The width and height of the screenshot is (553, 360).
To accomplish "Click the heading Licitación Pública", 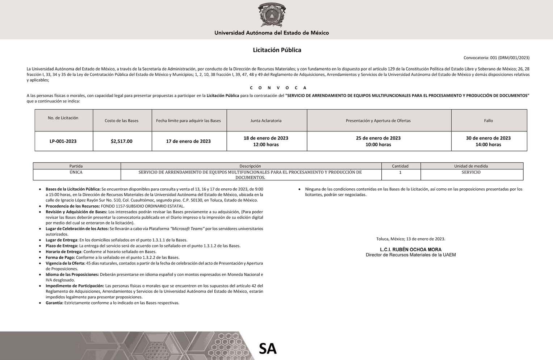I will click(277, 50).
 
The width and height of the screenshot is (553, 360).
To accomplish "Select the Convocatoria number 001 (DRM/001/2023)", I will click(496, 58).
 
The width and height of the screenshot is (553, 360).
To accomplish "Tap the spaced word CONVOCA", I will click(278, 88).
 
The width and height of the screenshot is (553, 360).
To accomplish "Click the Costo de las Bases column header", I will click(122, 121).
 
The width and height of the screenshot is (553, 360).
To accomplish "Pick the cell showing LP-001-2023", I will click(63, 141).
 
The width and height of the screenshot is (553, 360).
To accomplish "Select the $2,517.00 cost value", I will click(122, 141).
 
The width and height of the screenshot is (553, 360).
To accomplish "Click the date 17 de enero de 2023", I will click(188, 141).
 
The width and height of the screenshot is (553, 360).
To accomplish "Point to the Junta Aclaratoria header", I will click(266, 121).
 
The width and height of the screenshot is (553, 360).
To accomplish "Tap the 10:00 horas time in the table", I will click(378, 145).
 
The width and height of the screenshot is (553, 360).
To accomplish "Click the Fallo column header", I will click(488, 121).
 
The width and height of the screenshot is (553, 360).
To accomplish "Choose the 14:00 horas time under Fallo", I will click(488, 145).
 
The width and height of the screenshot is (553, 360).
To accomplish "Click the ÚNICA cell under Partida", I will click(76, 172).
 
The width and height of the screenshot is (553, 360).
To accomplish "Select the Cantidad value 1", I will click(400, 172).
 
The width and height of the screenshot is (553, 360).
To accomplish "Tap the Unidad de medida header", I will click(471, 166).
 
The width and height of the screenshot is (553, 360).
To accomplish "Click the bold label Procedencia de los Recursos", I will click(73, 206).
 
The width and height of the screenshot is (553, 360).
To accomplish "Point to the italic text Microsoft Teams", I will click(188, 229).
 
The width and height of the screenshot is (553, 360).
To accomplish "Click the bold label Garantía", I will click(54, 303).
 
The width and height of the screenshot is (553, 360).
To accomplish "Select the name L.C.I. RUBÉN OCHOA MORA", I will click(411, 250).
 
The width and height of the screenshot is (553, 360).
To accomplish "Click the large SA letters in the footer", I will click(268, 348).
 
